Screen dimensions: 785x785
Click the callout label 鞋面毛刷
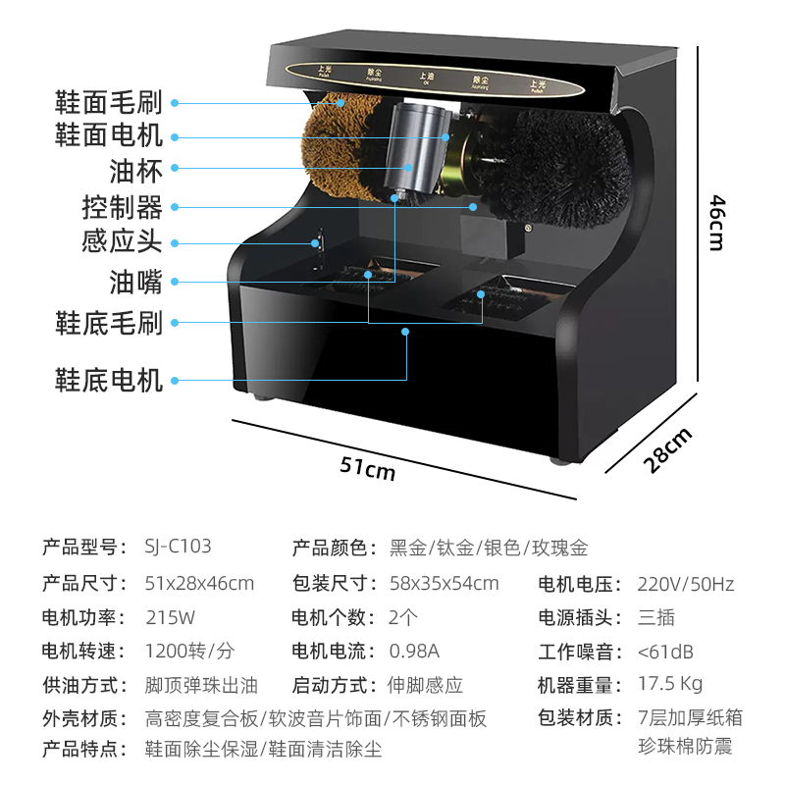108,100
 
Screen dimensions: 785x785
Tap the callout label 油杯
135,172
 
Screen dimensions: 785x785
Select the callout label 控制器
122,207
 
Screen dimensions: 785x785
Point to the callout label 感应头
122,241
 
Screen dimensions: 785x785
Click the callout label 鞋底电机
108,379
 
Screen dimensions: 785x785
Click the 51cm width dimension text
367,468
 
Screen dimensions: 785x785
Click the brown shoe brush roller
339,147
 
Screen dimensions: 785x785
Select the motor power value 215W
170,617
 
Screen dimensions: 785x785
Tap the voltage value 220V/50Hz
686,584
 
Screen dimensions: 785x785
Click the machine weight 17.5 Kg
670,684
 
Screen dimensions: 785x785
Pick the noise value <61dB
664,651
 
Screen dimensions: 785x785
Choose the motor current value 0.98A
414,651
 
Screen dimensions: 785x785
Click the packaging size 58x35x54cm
445,584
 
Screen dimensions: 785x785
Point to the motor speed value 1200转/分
190,651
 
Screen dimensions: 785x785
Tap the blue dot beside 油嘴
174,283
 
